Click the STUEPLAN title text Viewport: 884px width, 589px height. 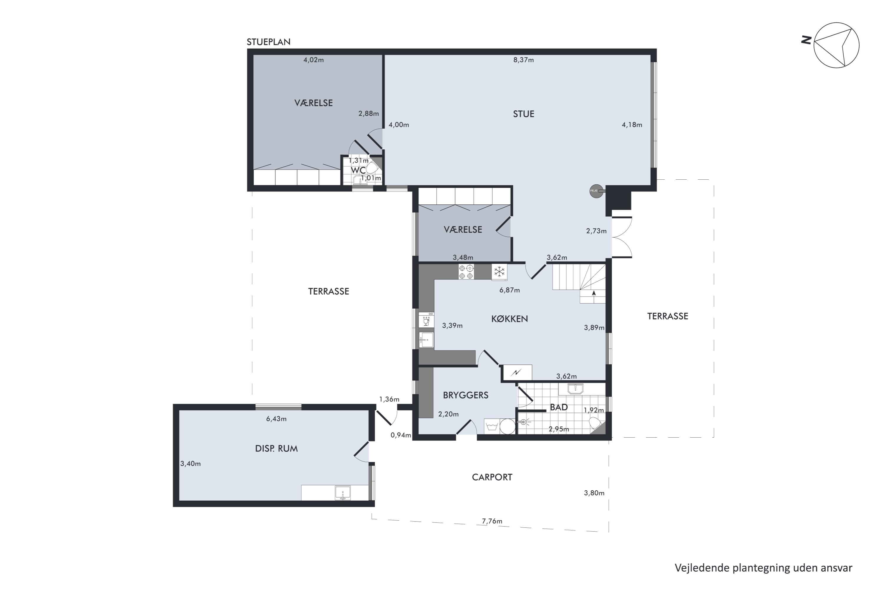point(268,42)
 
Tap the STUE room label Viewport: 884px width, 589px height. point(524,114)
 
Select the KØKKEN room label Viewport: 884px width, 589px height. point(510,319)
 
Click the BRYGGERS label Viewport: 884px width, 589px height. point(465,395)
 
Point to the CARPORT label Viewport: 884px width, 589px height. point(492,477)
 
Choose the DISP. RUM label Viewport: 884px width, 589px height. point(276,449)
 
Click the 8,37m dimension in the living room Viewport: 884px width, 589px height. point(524,60)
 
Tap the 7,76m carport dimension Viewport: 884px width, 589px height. point(492,521)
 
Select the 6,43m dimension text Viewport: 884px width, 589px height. point(276,419)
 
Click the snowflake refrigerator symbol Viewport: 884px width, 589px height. point(499,272)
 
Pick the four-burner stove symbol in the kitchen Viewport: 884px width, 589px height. point(466,272)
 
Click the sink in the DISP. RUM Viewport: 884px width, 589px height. point(342,492)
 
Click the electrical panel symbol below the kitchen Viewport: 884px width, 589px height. point(517,372)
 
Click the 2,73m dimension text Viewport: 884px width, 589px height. point(596,231)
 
